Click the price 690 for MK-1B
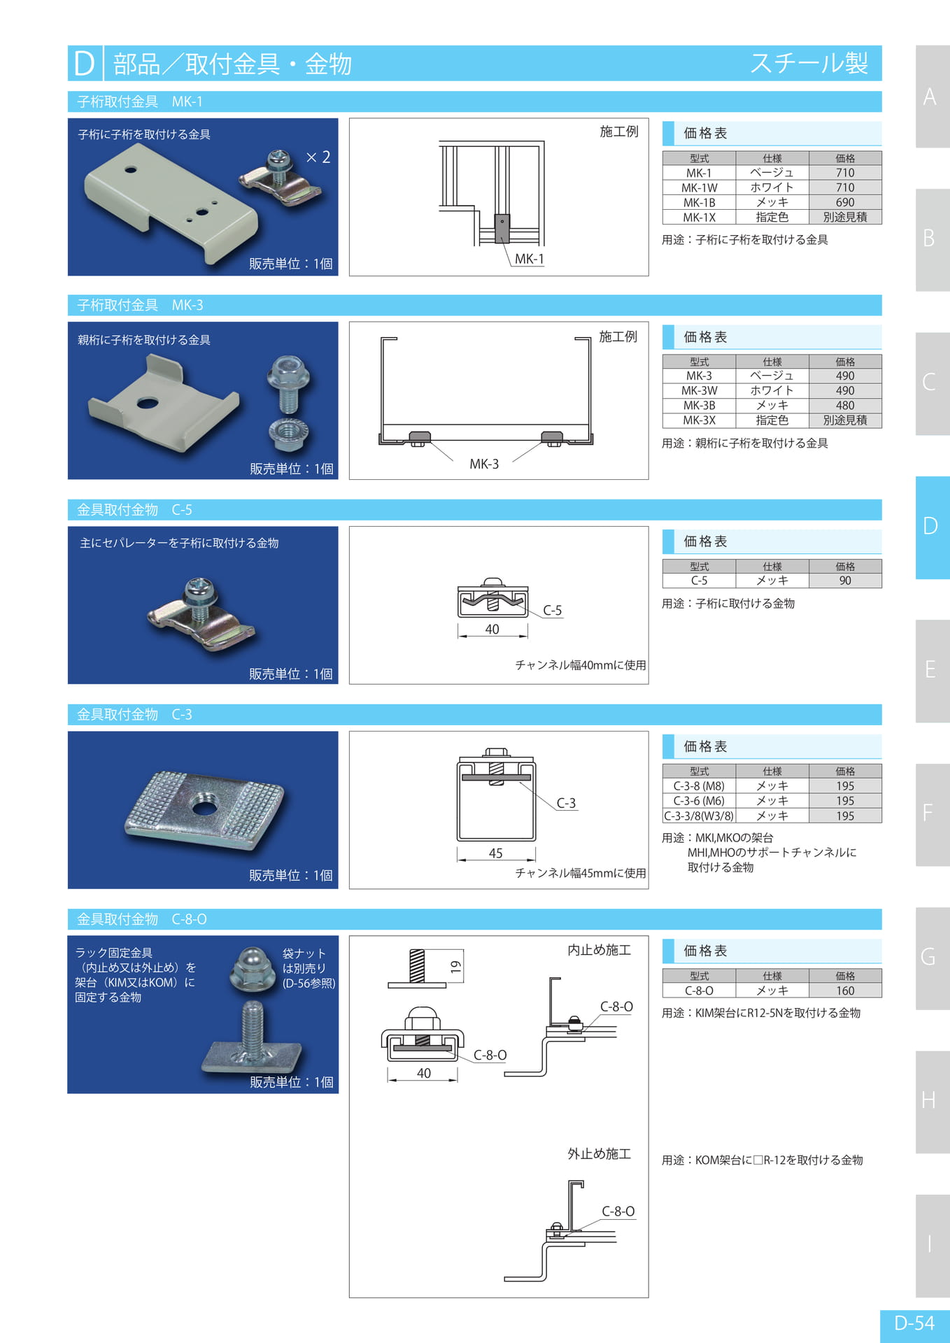click(844, 202)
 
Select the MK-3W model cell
click(699, 390)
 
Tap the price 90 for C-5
click(844, 581)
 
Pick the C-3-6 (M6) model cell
click(699, 801)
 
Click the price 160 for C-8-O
click(844, 990)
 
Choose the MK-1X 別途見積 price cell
click(844, 217)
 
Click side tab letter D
click(930, 526)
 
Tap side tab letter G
click(928, 957)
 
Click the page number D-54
click(914, 1323)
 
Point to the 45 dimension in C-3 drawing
click(495, 853)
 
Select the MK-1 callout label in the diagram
click(530, 259)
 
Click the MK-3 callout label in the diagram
click(484, 464)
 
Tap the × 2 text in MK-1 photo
click(318, 157)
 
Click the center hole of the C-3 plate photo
click(204, 808)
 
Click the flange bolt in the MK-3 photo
click(288, 383)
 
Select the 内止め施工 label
click(599, 950)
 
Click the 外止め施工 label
click(599, 1154)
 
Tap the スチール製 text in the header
click(809, 64)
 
